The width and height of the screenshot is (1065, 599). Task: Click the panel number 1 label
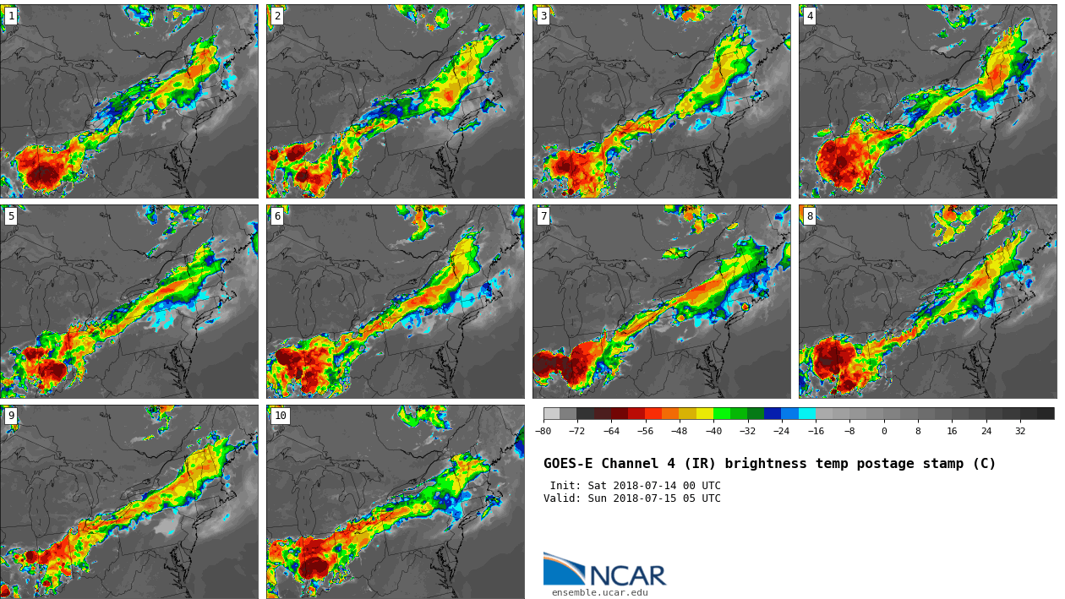point(11,16)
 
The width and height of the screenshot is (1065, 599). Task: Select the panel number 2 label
point(277,16)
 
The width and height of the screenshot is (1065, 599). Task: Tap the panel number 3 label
point(543,16)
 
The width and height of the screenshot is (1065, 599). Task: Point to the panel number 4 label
point(810,16)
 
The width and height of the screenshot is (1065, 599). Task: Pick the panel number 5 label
point(11,216)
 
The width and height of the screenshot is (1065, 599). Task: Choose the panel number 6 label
point(277,216)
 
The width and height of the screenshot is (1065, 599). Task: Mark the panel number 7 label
point(543,216)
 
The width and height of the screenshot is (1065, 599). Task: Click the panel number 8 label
point(810,216)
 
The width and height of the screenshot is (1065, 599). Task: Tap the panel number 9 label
point(11,416)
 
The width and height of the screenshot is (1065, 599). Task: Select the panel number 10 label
point(280,416)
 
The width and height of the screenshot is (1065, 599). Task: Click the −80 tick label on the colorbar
point(543,431)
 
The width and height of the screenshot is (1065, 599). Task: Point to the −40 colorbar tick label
point(713,431)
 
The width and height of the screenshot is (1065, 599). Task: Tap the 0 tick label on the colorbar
point(884,431)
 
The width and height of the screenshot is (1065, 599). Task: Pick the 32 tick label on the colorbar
point(1020,431)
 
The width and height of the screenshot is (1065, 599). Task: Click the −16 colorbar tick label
point(816,431)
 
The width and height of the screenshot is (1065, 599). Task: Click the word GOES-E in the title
point(568,464)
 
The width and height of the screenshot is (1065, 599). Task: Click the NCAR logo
point(604,570)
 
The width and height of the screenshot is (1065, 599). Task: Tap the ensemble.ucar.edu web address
point(600,593)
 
